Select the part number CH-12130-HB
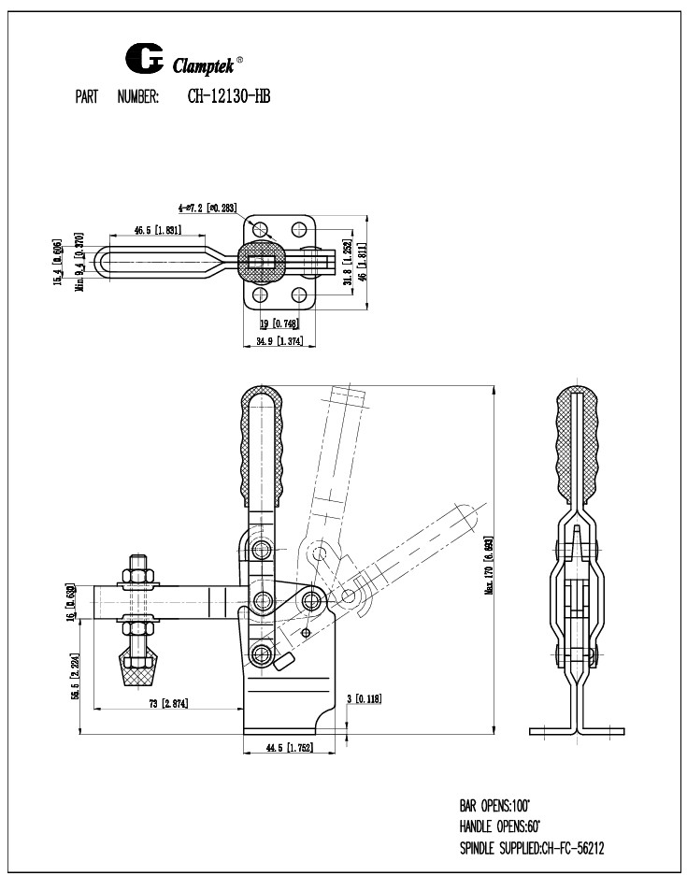click(222, 96)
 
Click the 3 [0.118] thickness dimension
click(364, 698)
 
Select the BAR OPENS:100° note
click(494, 804)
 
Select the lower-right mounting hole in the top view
click(299, 295)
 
